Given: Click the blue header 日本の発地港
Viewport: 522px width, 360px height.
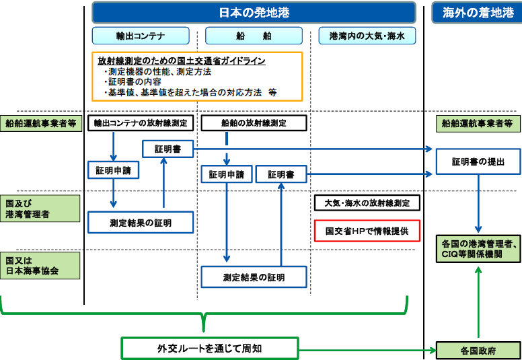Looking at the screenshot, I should (254, 13).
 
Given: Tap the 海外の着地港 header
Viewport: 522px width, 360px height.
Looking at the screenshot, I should (477, 13).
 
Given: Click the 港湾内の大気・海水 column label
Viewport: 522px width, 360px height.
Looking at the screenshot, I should (367, 36).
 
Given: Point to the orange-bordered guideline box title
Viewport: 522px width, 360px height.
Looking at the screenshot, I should (181, 61).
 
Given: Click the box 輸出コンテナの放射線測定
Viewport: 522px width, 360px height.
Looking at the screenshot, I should (141, 123).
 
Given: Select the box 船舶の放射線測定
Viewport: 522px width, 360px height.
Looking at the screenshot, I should (254, 123).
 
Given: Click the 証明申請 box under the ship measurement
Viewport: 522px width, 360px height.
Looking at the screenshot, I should (227, 174).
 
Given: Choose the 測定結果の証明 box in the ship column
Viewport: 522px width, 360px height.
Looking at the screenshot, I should (254, 277).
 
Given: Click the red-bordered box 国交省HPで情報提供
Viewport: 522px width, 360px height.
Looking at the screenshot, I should (367, 231).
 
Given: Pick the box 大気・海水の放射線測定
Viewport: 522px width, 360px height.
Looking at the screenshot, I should (367, 203).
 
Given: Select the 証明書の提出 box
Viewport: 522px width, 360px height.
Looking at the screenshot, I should (477, 162).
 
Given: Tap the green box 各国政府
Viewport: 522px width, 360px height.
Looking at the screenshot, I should (478, 351).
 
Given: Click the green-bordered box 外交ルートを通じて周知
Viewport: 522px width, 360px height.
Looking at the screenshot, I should (209, 349).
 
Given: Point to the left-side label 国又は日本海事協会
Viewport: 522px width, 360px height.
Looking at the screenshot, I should (40, 265).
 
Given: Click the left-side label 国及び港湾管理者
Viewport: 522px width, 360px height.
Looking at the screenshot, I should (40, 209).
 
